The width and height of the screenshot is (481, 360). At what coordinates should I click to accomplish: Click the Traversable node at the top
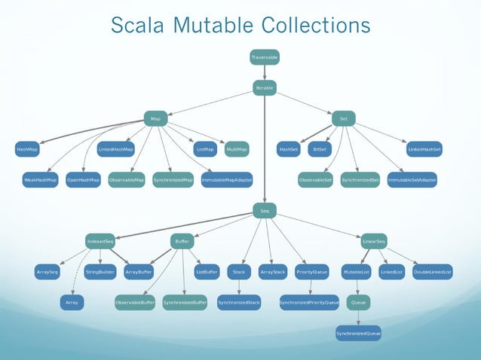pos(264,57)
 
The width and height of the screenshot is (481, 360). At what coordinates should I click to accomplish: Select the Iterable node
pos(264,88)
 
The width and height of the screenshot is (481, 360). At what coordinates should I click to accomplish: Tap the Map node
pos(155,119)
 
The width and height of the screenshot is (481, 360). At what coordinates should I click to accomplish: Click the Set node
pos(343,119)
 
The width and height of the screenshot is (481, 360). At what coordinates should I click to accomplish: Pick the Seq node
pos(264,211)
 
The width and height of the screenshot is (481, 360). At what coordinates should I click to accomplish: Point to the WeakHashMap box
pos(41,181)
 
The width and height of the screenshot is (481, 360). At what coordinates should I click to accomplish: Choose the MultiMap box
pos(237,150)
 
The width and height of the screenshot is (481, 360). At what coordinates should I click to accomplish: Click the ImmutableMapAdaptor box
pos(227,181)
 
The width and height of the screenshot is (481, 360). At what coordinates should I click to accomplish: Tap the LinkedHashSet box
pos(424,150)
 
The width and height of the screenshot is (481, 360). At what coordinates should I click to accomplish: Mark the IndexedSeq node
pos(100,242)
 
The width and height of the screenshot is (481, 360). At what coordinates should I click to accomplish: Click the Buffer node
pos(182,242)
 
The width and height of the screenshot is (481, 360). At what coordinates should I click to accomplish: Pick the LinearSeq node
pos(374,242)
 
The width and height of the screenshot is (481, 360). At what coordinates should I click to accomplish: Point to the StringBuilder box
pos(100,272)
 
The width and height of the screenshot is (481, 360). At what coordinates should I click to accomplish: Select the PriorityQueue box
pos(311,272)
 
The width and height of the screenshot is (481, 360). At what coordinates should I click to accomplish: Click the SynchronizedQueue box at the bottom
pos(358,333)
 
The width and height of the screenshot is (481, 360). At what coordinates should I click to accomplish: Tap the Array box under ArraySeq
pos(72,303)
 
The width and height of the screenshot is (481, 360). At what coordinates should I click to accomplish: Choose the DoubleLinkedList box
pos(433,272)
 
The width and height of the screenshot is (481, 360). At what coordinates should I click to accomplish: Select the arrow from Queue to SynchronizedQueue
pos(358,318)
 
